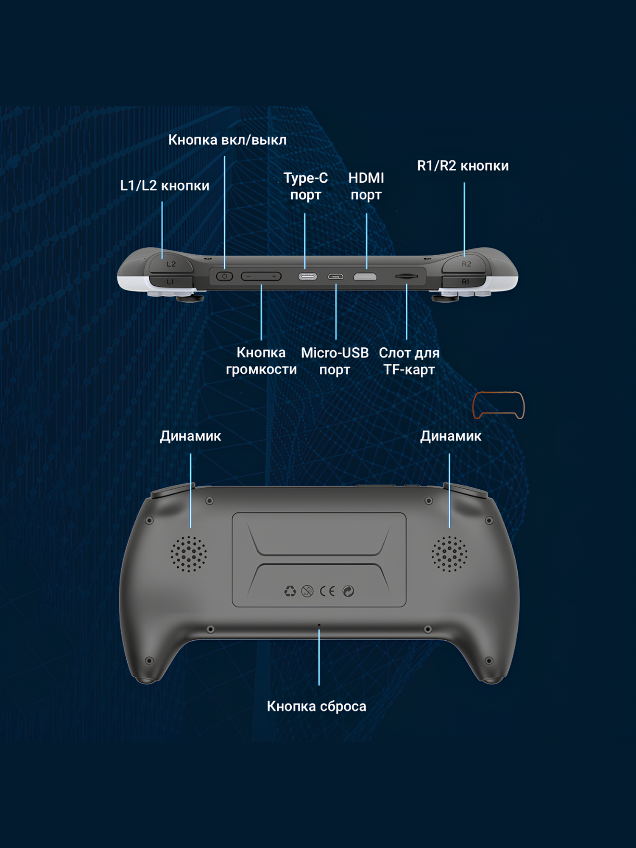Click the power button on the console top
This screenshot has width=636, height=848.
[x=224, y=276]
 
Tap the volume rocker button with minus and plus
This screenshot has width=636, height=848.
[x=261, y=276]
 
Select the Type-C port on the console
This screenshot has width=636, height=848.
[x=307, y=277]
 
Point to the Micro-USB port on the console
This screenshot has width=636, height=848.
[x=335, y=277]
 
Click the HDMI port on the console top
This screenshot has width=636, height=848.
[x=365, y=277]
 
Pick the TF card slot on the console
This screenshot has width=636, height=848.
[x=407, y=276]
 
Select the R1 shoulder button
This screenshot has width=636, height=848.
[x=465, y=282]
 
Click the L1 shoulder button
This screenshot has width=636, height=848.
[x=170, y=282]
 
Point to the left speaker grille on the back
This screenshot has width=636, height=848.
[x=189, y=554]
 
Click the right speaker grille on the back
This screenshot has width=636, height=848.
[x=449, y=554]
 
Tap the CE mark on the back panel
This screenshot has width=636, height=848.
[x=327, y=591]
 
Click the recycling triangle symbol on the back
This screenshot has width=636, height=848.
[x=290, y=591]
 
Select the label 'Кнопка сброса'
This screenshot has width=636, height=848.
[x=316, y=706]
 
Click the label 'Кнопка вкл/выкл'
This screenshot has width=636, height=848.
[x=227, y=140]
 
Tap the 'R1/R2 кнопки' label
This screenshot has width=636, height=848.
[x=463, y=166]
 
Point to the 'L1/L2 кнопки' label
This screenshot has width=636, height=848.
[x=165, y=186]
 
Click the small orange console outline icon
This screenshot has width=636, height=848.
[x=499, y=405]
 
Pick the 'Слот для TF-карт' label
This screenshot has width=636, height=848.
[x=409, y=361]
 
